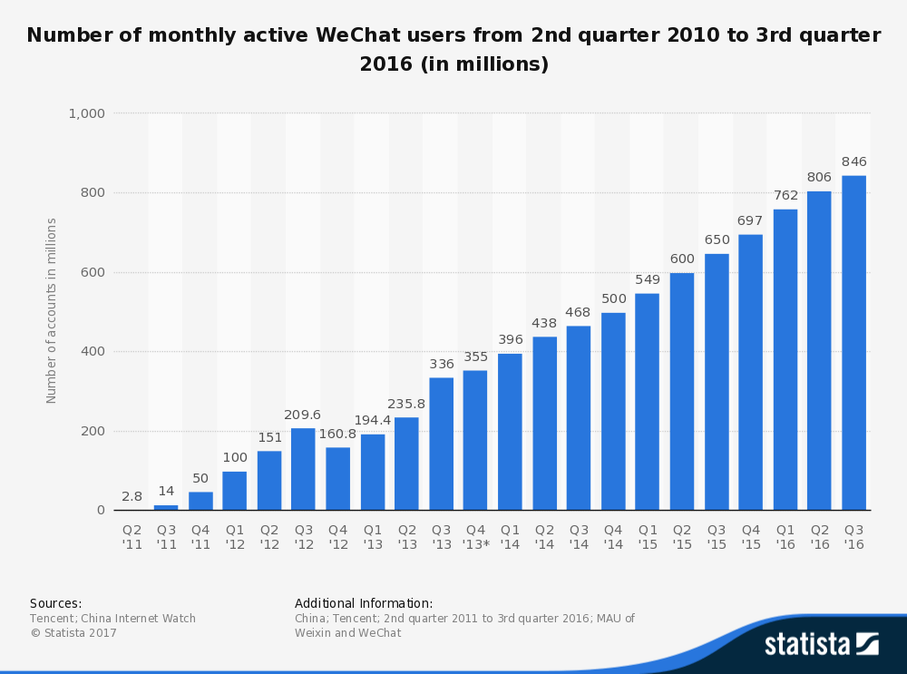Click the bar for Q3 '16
click(x=853, y=343)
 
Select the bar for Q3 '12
click(x=303, y=469)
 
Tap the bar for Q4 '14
click(x=613, y=411)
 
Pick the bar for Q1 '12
click(x=234, y=491)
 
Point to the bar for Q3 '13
click(x=442, y=444)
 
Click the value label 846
click(x=853, y=161)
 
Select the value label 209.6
click(x=302, y=415)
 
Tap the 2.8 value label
click(x=132, y=496)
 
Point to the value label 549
click(x=648, y=279)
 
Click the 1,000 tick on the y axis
click(x=87, y=113)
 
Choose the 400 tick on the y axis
click(x=93, y=351)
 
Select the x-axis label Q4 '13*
click(x=475, y=537)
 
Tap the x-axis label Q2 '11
click(x=132, y=537)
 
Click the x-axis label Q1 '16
click(x=785, y=537)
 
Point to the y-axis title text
click(x=51, y=310)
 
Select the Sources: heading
click(x=55, y=603)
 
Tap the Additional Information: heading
click(x=364, y=603)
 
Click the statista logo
click(x=822, y=644)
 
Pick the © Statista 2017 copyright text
click(x=73, y=633)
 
